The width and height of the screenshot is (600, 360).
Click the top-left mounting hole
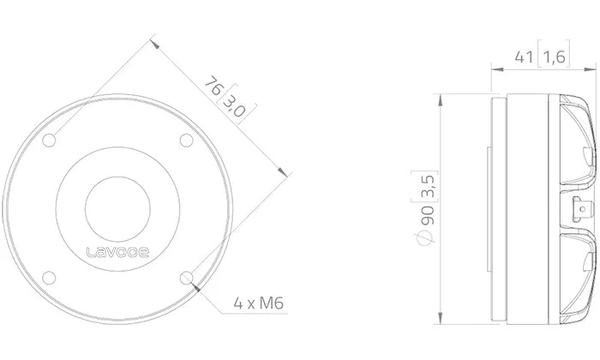[49, 140]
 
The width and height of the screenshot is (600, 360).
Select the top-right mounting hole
[187, 140]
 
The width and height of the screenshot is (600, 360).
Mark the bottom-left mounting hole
[49, 278]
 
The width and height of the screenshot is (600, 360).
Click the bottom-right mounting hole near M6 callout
[187, 278]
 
